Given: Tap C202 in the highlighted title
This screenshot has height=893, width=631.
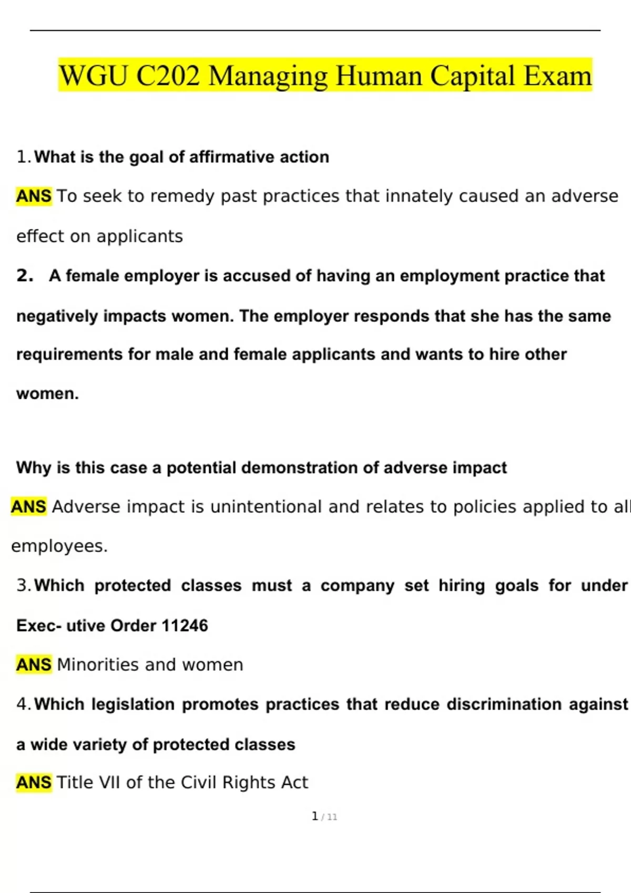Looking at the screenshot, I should point(168,76).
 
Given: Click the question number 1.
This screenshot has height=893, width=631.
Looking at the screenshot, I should point(22,157).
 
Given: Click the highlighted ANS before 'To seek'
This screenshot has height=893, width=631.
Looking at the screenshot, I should point(34,196).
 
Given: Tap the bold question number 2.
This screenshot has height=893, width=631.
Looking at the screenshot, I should point(24,276).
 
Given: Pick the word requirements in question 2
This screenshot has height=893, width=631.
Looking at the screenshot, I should point(69,355).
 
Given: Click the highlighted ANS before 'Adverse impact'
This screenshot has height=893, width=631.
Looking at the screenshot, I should point(28,507).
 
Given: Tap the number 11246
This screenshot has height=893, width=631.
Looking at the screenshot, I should point(185,626).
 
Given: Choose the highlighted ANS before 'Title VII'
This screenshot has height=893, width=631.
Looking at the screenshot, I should point(34,783).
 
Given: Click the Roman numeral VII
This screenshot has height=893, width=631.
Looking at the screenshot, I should point(110,783).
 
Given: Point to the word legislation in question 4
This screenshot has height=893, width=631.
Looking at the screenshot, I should point(133,704).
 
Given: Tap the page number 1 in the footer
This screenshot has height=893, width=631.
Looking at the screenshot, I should point(315,816).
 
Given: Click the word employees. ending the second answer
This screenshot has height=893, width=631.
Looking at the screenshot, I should point(59,546).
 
